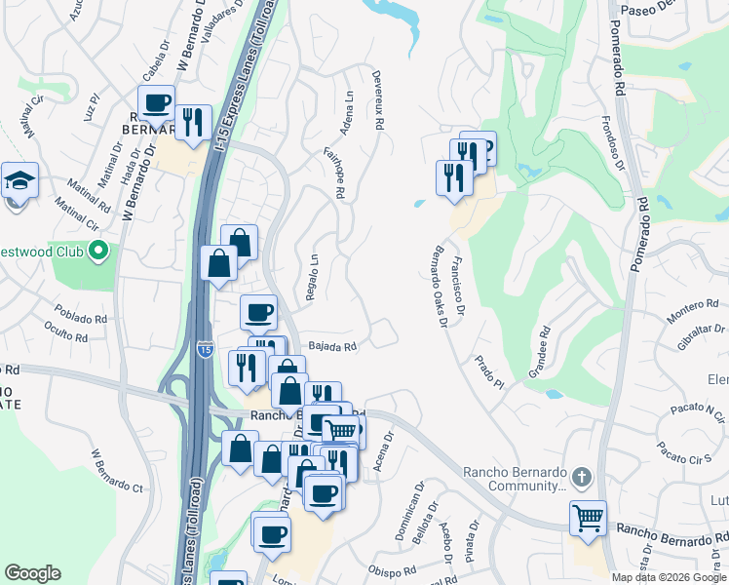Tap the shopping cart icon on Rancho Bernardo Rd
coord(588,519)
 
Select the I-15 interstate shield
coord(204,349)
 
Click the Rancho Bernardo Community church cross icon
coord(581,477)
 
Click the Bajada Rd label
coord(333,345)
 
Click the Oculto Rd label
coord(66,334)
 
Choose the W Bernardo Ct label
coord(117,471)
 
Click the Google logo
coord(33,573)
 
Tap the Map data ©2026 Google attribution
coord(669,577)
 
